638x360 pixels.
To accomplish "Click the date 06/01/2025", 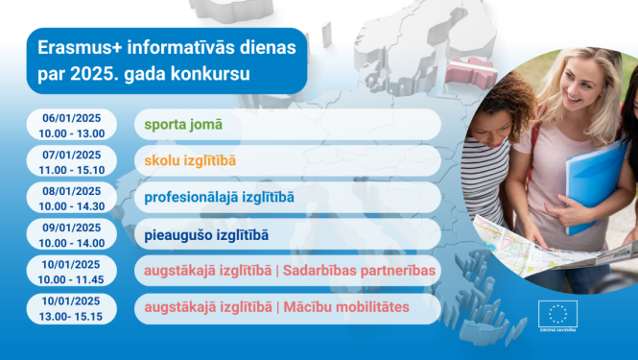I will tap(72, 117).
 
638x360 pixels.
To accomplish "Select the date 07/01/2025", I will tap(72, 154).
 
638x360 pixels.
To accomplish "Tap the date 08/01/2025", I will tap(72, 190).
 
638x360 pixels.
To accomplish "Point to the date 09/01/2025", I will tap(72, 227).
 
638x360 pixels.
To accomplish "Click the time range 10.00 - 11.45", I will tap(72, 278).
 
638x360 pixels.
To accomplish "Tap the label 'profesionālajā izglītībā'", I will tap(219, 198).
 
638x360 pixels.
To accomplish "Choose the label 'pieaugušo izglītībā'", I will tap(206, 234).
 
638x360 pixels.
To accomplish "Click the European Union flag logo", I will tap(557, 313).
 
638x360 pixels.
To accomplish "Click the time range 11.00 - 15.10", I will tap(72, 168).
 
